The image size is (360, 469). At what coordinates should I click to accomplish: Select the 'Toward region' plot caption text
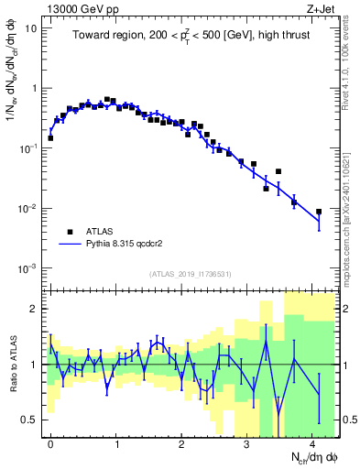[x=187, y=36]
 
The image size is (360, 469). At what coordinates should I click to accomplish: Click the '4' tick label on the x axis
[x=311, y=443]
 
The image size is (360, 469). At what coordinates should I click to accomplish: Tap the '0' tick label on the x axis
[x=49, y=443]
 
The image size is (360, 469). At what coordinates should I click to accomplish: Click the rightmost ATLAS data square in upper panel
[x=319, y=212]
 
